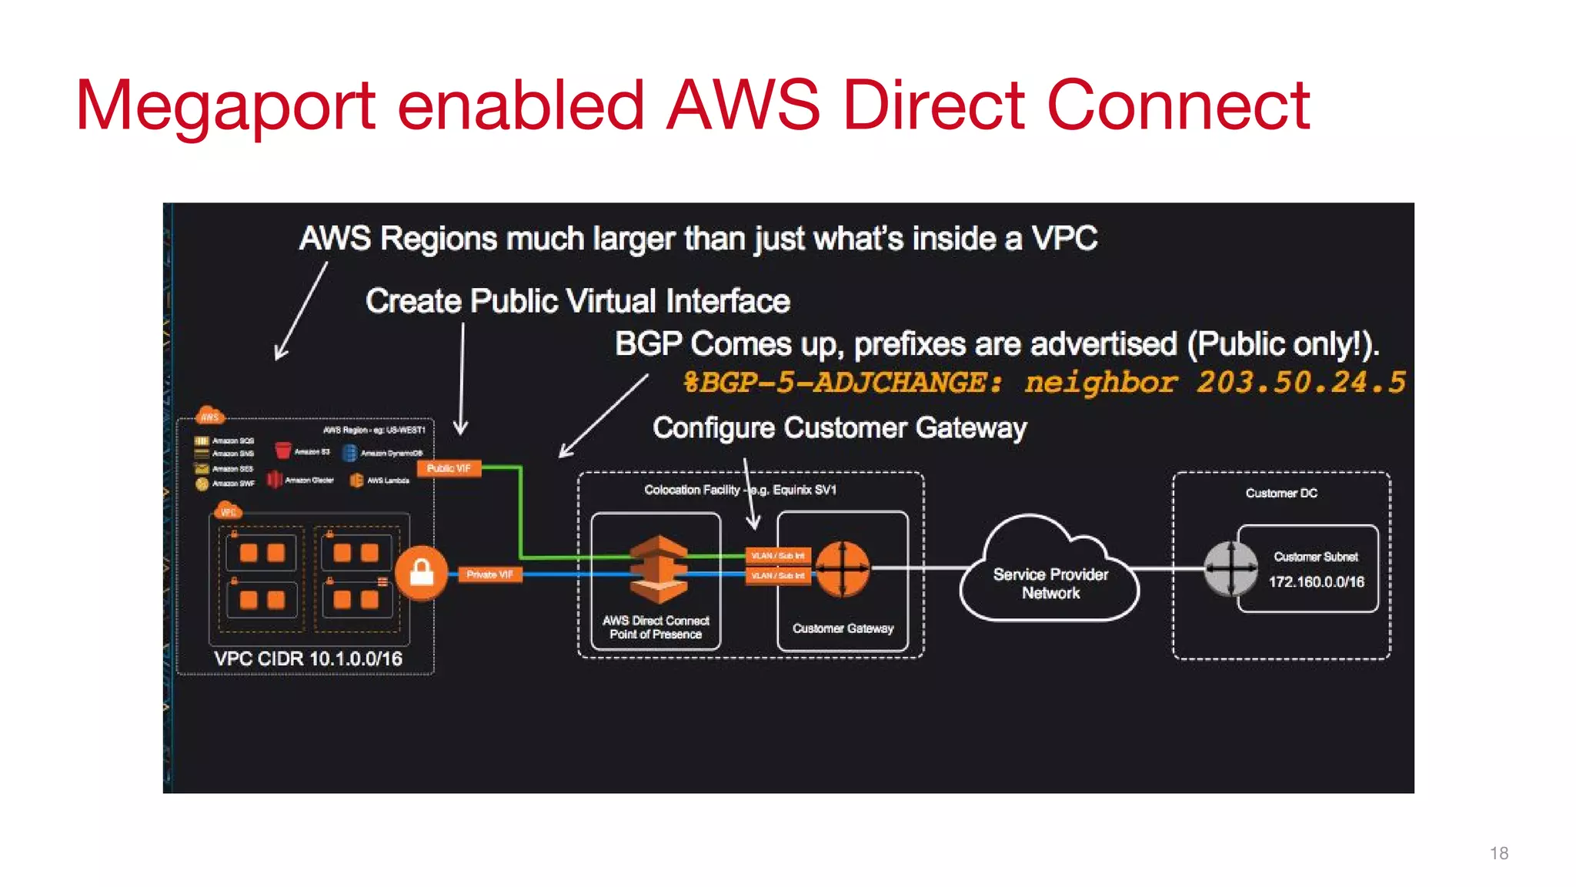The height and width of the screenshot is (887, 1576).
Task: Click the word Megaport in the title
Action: coord(225,106)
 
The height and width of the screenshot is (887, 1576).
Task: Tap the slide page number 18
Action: coord(1498,853)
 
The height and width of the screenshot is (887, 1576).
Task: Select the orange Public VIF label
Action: coord(449,468)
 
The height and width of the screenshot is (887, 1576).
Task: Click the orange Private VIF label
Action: coord(489,574)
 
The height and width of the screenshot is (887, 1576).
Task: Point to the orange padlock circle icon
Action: coord(421,573)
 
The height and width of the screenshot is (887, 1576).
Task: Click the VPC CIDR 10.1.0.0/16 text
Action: coord(308,659)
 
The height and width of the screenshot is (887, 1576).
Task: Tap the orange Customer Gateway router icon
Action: coord(842,569)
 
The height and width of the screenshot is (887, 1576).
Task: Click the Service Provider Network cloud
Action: coord(1050,574)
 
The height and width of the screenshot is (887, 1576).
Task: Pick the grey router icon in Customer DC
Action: coord(1230,569)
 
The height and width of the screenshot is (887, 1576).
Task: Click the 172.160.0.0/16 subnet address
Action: coord(1316,582)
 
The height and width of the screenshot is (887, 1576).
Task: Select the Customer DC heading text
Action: coord(1281,494)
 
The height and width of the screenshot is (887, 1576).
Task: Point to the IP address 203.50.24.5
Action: coord(1301,383)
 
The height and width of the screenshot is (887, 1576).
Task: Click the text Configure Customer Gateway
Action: coord(840,428)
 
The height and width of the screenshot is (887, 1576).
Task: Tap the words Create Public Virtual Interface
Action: coord(577,301)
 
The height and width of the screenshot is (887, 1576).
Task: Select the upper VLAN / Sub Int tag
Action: coord(778,555)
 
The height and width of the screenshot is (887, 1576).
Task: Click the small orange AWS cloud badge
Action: coord(209,417)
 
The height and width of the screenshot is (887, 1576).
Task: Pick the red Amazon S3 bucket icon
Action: coord(283,450)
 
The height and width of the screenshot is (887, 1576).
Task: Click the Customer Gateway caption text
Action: coord(843,628)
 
